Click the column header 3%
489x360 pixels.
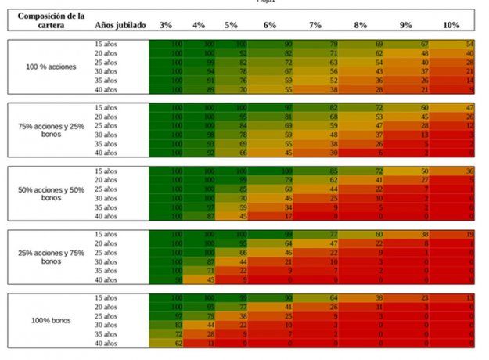166,26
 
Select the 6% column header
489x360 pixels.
270,26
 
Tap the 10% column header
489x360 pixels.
451,26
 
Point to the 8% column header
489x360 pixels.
360,26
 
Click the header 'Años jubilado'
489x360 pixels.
120,26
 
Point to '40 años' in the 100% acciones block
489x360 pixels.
106,89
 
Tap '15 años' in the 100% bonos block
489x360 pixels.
106,298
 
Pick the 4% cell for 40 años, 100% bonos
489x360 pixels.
210,343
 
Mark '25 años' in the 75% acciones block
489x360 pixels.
106,125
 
